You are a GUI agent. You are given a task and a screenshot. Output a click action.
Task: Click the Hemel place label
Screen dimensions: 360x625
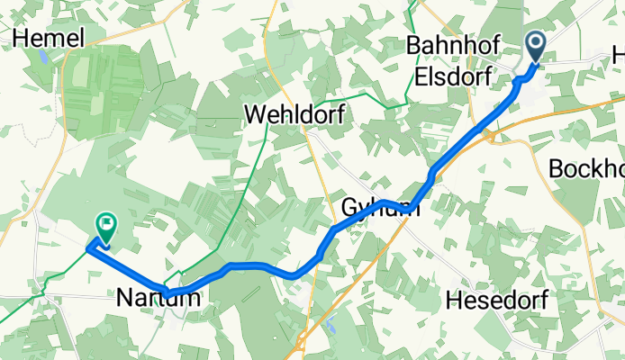tap(50, 37)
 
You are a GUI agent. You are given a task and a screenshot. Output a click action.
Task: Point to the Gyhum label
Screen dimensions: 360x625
tap(380, 209)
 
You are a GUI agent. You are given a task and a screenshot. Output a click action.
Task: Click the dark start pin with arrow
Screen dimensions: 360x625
tap(535, 46)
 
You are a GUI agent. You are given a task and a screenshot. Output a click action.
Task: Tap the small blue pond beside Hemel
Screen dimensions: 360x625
tap(41, 59)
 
